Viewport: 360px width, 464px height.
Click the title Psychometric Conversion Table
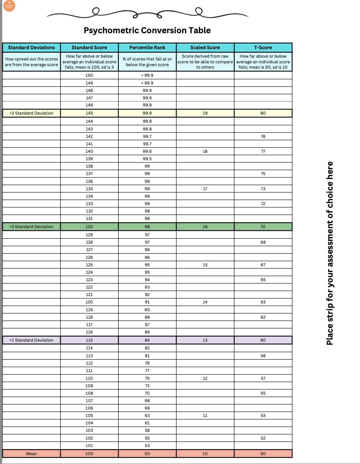tap(147, 30)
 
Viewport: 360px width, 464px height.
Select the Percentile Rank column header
tap(147, 47)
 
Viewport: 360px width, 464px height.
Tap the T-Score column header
tap(263, 47)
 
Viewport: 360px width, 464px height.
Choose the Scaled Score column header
tap(205, 47)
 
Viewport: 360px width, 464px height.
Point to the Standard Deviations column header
tap(31, 47)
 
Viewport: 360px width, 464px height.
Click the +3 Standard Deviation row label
tap(31, 113)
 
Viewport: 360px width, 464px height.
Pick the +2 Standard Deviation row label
tap(31, 227)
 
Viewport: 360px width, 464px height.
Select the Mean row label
tap(31, 454)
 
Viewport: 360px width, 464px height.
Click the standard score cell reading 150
tap(89, 75)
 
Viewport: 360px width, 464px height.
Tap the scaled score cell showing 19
tap(205, 113)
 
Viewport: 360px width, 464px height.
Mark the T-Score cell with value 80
tap(263, 113)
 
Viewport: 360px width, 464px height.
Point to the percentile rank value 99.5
tap(147, 159)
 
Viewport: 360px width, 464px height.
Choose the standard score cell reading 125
tap(89, 265)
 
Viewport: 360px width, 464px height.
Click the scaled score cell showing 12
tap(205, 378)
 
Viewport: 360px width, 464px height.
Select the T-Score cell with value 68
tap(263, 242)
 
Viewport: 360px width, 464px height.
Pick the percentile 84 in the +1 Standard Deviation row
tap(147, 340)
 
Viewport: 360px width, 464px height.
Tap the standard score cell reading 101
tap(89, 446)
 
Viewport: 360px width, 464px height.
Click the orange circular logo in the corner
tap(9, 6)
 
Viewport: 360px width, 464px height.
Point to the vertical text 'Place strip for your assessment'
tap(330, 253)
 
